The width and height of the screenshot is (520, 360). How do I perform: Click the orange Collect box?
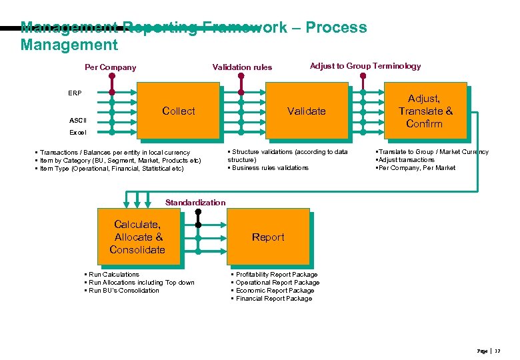[x=178, y=111]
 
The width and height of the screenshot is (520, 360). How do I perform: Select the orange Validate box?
[x=306, y=111]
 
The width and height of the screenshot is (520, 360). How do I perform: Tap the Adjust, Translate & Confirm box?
[x=425, y=111]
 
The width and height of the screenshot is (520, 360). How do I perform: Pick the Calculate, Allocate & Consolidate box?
[x=137, y=237]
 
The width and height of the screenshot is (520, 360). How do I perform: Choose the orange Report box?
[x=268, y=237]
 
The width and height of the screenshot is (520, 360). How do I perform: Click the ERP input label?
[x=75, y=93]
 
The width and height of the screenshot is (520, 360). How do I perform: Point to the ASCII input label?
[x=77, y=121]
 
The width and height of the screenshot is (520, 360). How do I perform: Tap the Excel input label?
[x=77, y=133]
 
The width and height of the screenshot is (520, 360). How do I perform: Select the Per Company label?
[x=110, y=67]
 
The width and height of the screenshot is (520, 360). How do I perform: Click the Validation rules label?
[x=242, y=67]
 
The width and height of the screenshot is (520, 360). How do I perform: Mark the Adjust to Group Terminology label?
[x=365, y=66]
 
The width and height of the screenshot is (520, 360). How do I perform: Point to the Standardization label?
[x=195, y=202]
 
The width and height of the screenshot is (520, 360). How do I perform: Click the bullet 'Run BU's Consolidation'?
[x=124, y=291]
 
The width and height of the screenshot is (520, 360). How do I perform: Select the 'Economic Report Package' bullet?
[x=275, y=291]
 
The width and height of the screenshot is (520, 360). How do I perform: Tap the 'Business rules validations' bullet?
[x=270, y=168]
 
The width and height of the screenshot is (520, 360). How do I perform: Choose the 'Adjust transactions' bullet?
[x=406, y=160]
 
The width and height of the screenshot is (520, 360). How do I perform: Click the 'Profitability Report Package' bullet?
[x=277, y=275]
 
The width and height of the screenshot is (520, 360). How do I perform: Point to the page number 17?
[x=497, y=351]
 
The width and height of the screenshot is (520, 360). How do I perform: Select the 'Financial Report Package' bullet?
[x=273, y=299]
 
